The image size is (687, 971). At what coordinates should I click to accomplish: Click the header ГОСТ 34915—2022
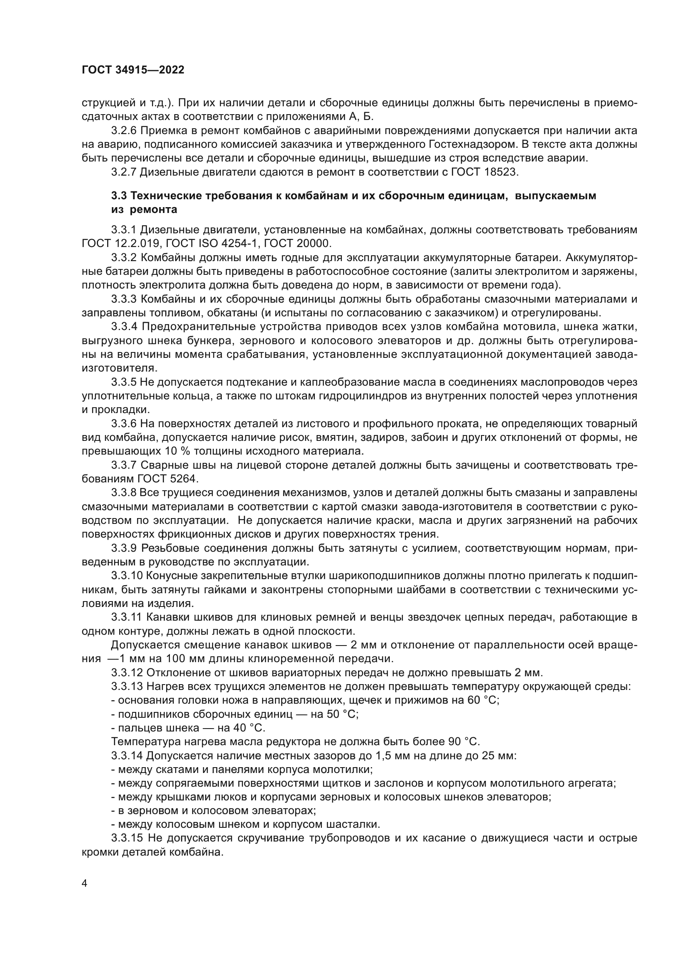click(133, 70)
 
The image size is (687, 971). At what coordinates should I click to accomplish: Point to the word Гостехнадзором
click(473, 145)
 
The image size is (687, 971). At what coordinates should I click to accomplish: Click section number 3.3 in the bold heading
click(120, 196)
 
